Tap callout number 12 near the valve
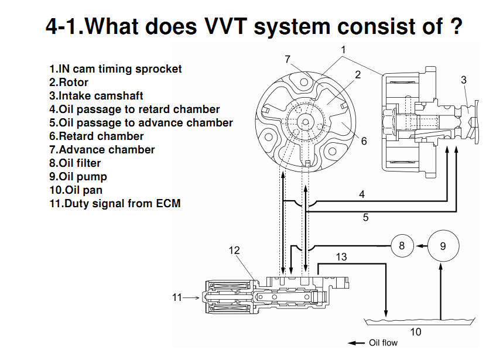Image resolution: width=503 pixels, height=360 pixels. (x=234, y=250)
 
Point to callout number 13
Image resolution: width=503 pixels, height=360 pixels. (x=341, y=257)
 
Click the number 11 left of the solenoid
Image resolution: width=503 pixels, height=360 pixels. (x=177, y=297)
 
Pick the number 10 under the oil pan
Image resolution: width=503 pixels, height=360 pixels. (x=416, y=332)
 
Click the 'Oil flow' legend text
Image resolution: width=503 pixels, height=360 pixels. (x=383, y=342)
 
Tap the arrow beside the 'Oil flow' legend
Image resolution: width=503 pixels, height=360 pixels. (x=356, y=343)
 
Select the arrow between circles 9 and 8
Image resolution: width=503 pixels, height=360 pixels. (x=422, y=246)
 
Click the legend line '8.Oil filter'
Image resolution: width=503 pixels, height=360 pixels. (x=75, y=163)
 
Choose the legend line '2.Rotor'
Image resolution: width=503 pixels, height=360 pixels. (x=69, y=82)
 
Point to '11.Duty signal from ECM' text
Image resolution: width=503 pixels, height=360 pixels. (x=115, y=203)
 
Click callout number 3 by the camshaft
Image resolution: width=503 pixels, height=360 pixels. (x=464, y=80)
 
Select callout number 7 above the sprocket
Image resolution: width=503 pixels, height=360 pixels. (x=288, y=59)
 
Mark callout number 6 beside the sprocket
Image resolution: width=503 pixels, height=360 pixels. (x=364, y=141)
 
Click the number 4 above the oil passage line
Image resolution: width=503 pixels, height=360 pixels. (x=362, y=194)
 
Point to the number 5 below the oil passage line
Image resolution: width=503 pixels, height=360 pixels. (x=365, y=217)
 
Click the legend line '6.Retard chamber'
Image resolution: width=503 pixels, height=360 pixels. (x=96, y=136)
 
